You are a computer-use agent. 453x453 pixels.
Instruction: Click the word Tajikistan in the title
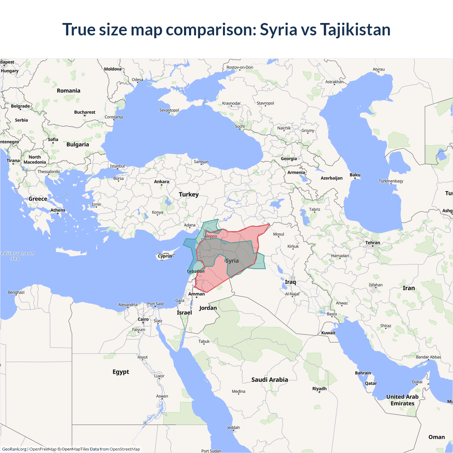tap(355, 29)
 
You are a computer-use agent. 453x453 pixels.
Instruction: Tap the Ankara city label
tap(161, 182)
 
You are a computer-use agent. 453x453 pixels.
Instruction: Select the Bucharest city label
tap(85, 112)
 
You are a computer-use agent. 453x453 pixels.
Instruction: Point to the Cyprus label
tap(165, 256)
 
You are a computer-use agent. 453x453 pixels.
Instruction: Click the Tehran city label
tap(372, 243)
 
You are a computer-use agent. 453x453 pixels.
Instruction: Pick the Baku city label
tap(355, 175)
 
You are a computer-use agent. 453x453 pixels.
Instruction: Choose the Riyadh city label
tap(319, 389)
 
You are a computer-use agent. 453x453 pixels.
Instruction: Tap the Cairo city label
tap(143, 319)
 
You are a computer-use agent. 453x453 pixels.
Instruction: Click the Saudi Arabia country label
tap(269, 380)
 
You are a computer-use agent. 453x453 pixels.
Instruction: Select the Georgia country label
tap(289, 159)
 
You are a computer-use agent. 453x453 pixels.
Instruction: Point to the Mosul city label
tap(279, 234)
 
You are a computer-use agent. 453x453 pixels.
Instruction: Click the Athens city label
tap(58, 210)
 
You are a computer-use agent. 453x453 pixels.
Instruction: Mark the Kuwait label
tap(328, 333)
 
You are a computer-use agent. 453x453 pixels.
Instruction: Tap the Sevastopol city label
tap(169, 110)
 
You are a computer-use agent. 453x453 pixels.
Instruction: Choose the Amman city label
tap(196, 294)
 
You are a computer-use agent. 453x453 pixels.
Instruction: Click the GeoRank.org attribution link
tap(14, 449)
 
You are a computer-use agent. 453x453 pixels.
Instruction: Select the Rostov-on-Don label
tap(240, 67)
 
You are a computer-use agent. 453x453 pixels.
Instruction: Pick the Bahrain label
tap(363, 373)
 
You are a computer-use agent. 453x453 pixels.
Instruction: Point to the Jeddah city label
tap(233, 428)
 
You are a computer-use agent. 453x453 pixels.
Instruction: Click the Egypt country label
tap(121, 372)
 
